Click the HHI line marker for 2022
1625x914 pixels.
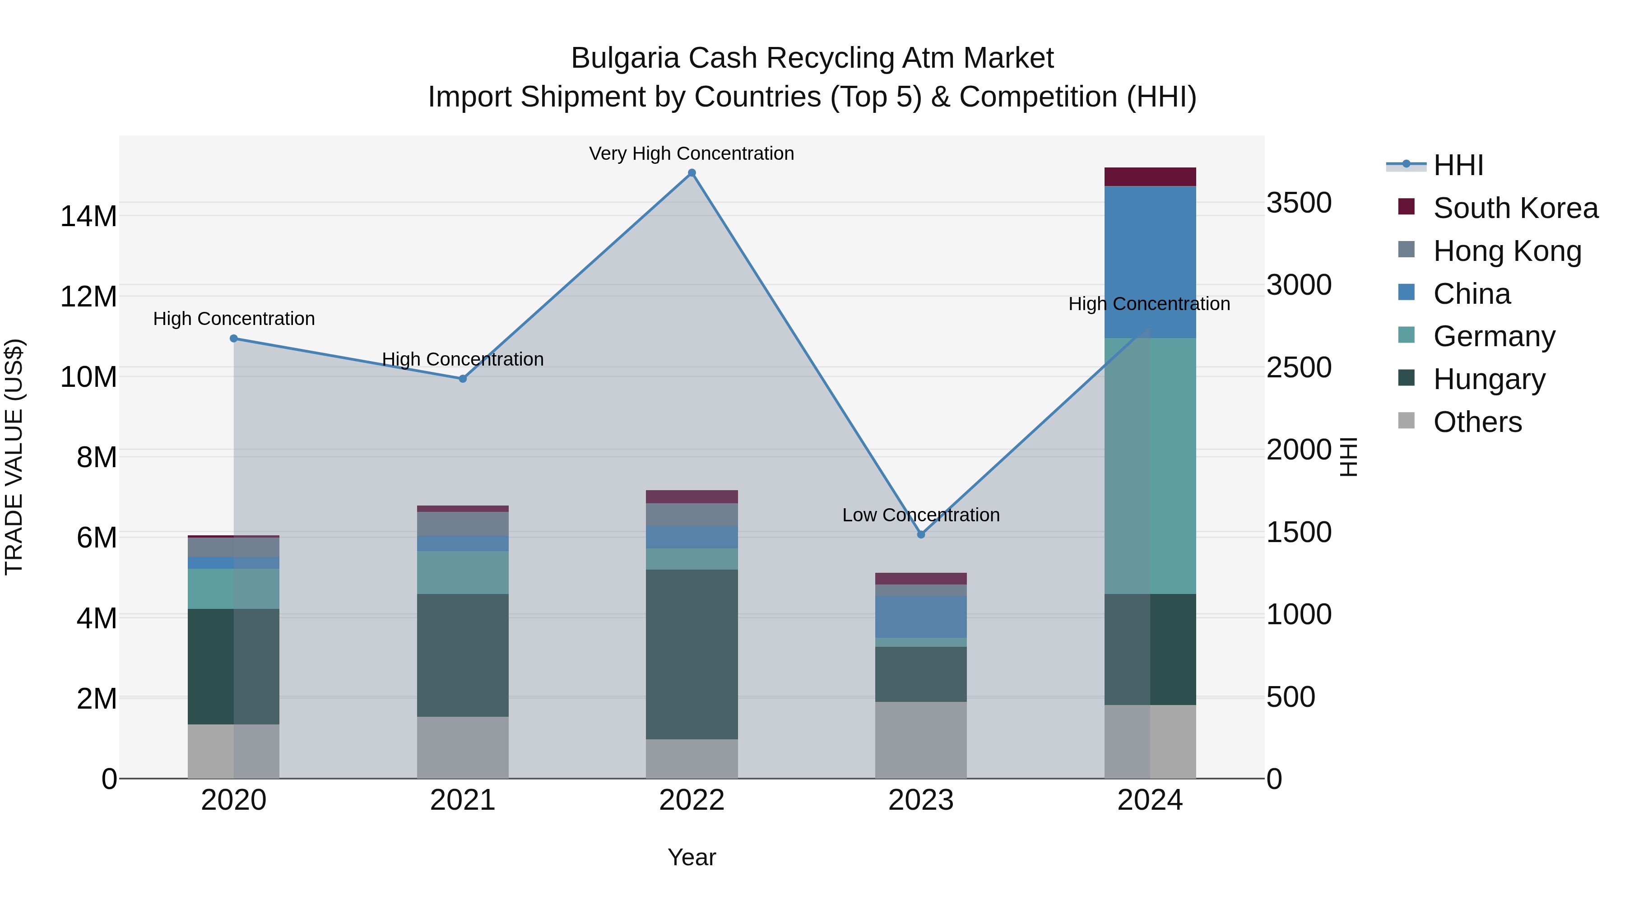coord(692,173)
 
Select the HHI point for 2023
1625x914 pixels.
coord(920,534)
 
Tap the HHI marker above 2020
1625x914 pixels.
coord(233,339)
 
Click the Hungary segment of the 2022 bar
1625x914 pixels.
coord(692,654)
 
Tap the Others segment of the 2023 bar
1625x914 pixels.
coord(920,740)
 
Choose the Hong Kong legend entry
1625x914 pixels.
coord(1506,251)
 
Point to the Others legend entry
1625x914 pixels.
coord(1477,422)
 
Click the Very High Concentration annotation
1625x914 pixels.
coord(692,153)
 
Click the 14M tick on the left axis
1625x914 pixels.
coord(88,216)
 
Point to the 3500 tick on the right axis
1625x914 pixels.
coord(1299,203)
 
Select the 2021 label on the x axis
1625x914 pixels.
coord(462,800)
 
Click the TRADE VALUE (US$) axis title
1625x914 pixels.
coord(14,457)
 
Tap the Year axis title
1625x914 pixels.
coord(692,857)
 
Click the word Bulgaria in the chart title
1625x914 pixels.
coord(625,58)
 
